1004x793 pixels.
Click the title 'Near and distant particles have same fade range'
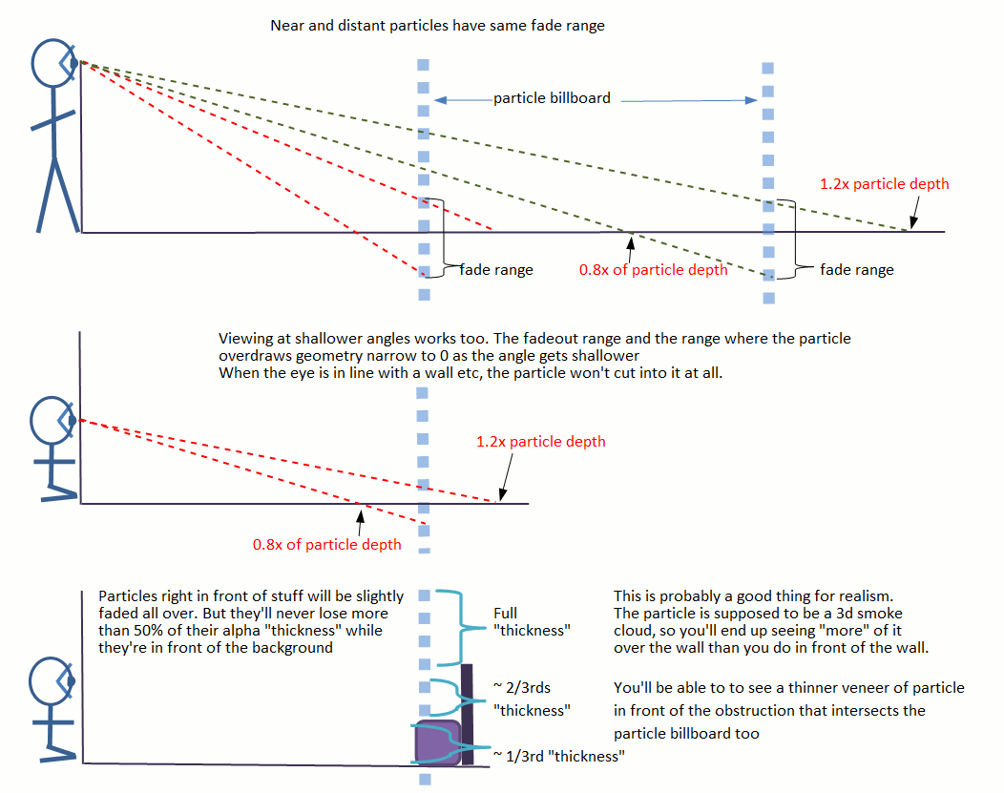point(438,26)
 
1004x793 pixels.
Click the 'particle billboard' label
point(552,97)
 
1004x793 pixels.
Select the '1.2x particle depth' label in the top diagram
point(885,183)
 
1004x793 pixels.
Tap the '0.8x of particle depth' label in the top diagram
point(653,269)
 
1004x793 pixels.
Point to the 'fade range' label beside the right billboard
point(857,270)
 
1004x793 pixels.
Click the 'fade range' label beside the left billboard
point(496,270)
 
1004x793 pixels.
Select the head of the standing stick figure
point(53,63)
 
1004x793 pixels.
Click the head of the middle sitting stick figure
point(53,420)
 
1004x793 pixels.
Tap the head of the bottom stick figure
point(53,680)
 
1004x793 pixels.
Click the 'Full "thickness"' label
point(531,621)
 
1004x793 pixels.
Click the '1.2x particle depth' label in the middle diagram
point(540,442)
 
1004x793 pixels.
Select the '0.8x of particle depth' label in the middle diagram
point(326,544)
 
